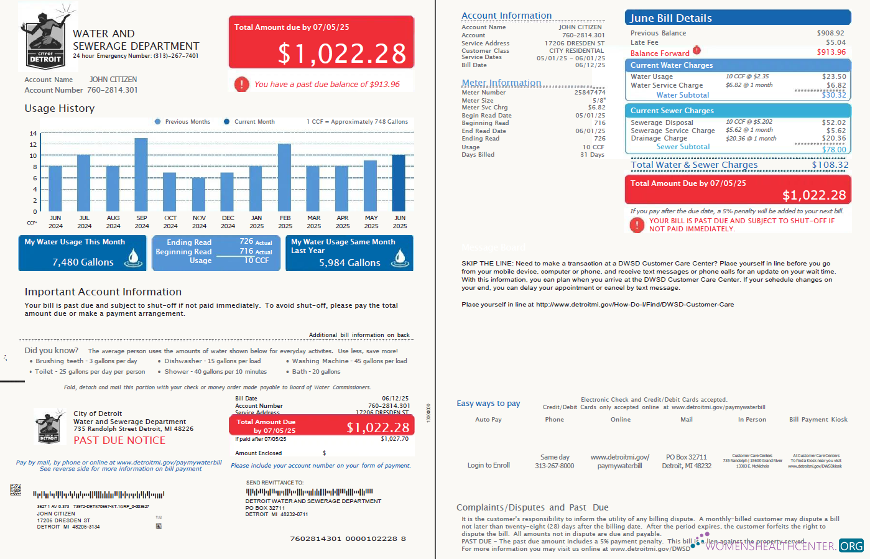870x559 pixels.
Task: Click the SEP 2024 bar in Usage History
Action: coord(141,175)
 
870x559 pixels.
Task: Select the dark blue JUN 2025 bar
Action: coord(399,183)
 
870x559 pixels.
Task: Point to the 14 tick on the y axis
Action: coord(33,134)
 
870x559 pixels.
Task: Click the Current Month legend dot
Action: coord(227,122)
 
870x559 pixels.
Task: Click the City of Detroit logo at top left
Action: coord(47,37)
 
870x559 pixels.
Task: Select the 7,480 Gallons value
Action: coord(83,262)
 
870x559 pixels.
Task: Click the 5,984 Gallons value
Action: coord(349,263)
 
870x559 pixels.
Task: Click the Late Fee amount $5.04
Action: coord(835,43)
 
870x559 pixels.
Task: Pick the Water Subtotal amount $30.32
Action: coord(833,95)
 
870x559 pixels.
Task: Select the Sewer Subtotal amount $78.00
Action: coord(833,150)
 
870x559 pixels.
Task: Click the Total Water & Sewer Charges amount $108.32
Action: coord(830,165)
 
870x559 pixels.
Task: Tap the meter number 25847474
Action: coord(590,93)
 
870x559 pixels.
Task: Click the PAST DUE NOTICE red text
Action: coord(119,440)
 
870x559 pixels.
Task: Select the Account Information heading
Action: coord(506,16)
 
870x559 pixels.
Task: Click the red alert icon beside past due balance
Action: coord(242,85)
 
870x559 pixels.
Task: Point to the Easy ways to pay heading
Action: coord(488,404)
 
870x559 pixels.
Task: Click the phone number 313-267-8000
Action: coord(554,466)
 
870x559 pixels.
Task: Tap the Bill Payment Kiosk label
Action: coord(818,420)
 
